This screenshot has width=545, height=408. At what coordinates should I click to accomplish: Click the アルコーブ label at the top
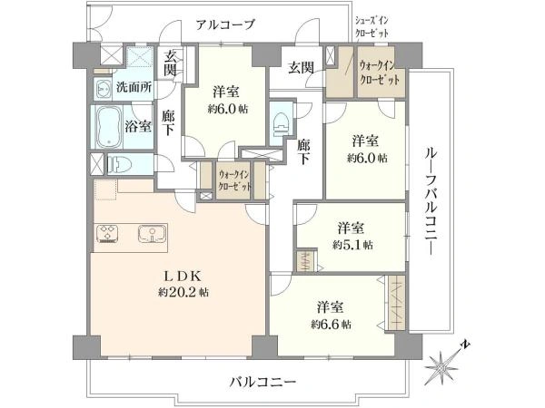225,24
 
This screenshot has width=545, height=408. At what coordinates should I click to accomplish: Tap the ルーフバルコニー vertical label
432,201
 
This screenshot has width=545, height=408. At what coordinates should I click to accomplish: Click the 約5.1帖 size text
352,243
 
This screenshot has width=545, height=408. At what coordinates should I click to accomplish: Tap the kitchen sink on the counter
152,234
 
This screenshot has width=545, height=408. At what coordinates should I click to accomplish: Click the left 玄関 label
170,66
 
